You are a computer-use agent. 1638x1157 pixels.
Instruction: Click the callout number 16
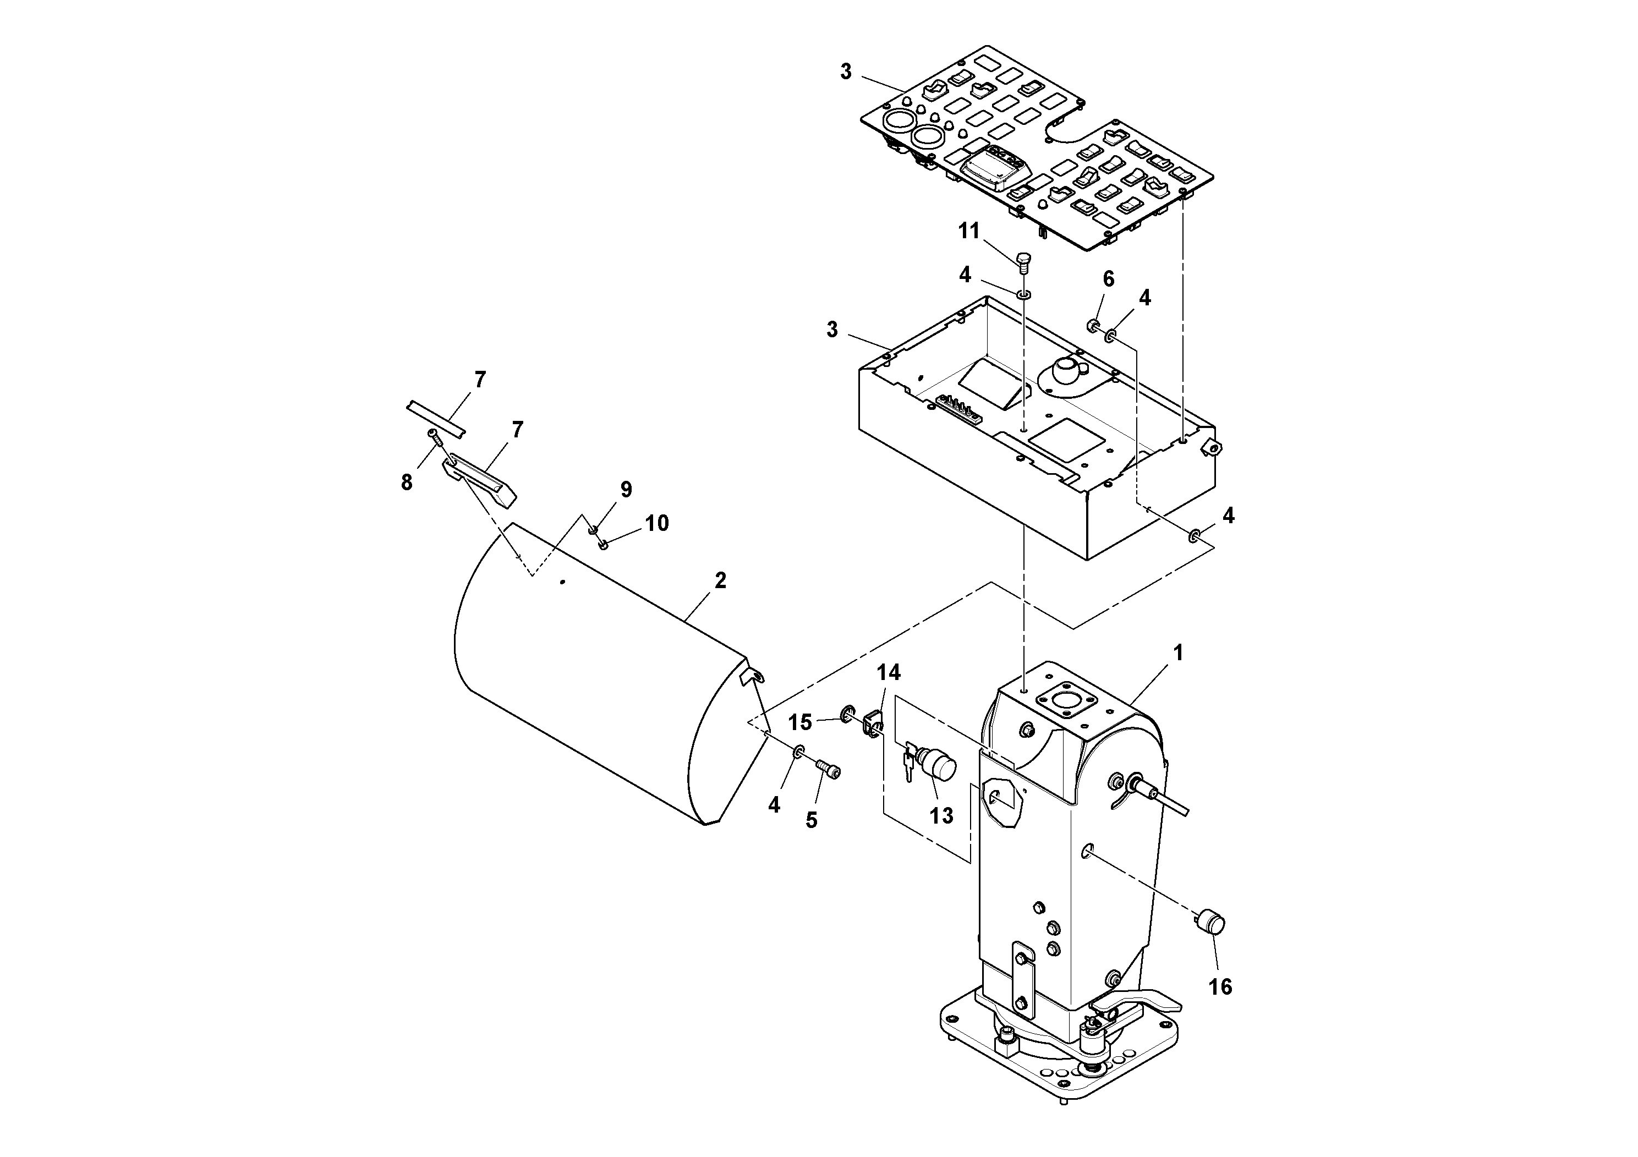[x=1220, y=986]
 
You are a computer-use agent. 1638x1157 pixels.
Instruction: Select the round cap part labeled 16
[x=1210, y=922]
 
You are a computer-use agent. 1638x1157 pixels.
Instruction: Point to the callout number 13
[x=941, y=816]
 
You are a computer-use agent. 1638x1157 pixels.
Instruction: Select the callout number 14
[x=888, y=673]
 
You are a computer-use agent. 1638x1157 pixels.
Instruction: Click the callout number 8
[x=407, y=483]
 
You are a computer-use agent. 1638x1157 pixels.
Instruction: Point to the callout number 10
[x=657, y=524]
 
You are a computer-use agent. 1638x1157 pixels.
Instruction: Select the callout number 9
[x=626, y=489]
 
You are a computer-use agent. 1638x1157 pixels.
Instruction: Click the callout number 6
[x=1109, y=279]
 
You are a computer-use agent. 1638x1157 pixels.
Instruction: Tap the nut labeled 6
[x=1092, y=327]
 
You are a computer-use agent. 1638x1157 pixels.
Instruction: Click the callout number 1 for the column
[x=1179, y=652]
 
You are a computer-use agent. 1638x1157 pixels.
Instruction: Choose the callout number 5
[x=811, y=820]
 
